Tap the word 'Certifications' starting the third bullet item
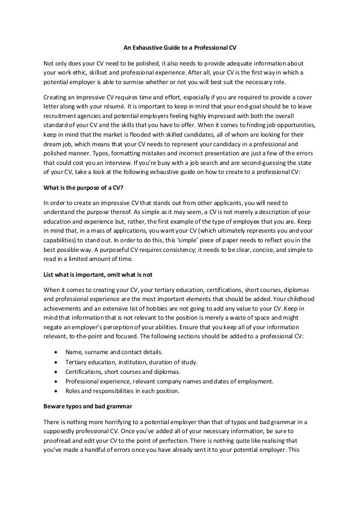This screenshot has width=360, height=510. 83,371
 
